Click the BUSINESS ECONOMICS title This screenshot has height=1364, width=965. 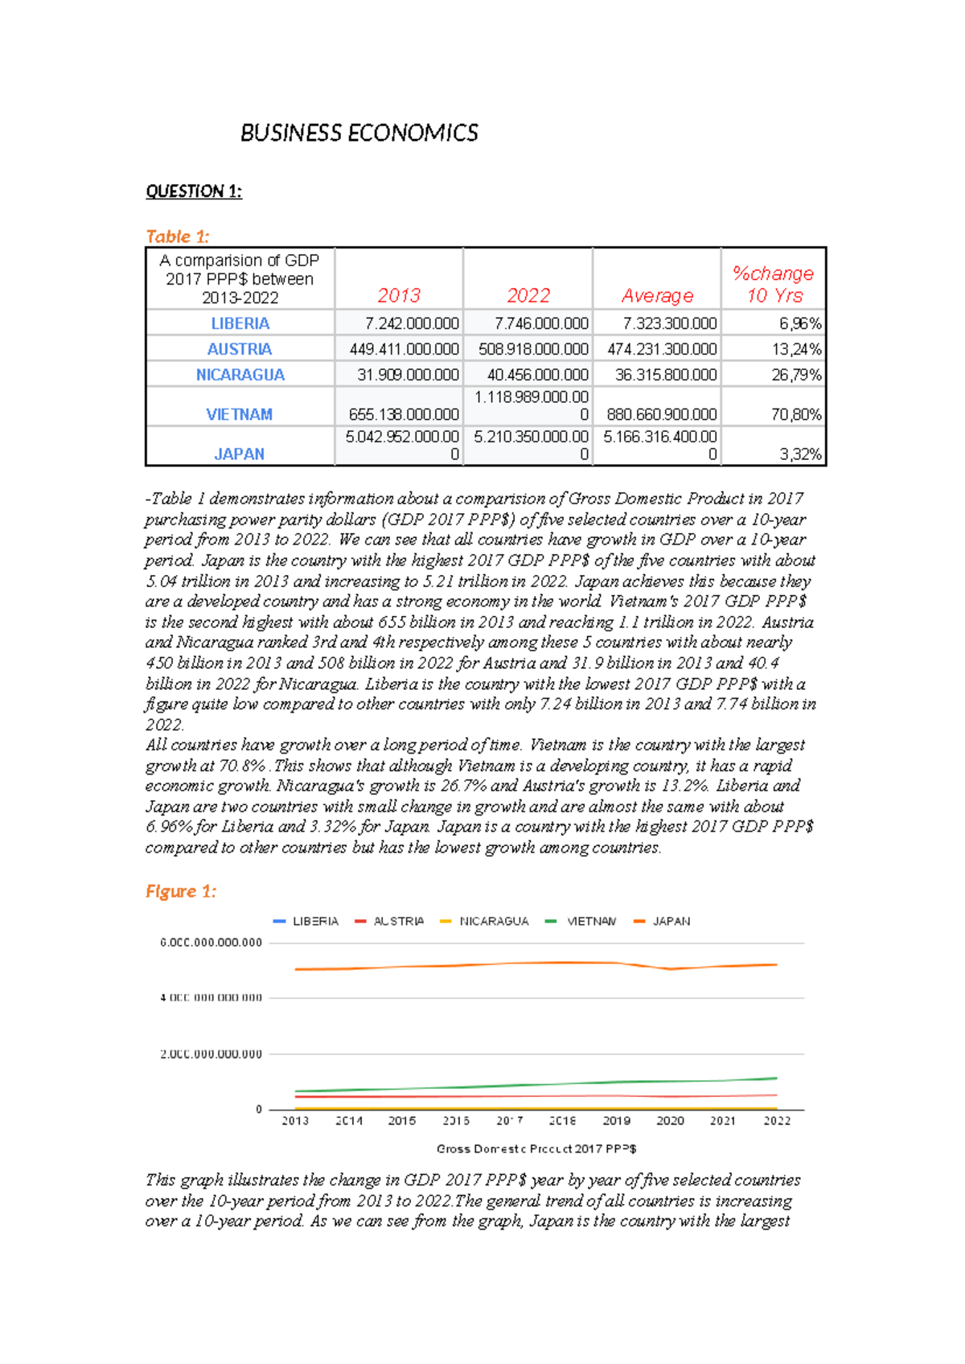click(x=359, y=133)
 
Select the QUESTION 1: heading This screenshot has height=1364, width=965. click(x=193, y=191)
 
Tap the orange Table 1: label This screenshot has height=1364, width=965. click(x=177, y=236)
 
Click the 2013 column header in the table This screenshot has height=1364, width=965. click(x=399, y=295)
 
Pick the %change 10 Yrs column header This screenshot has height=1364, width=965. click(x=773, y=284)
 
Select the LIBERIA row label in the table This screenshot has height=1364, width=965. click(x=240, y=323)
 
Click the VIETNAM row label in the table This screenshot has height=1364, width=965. click(x=239, y=414)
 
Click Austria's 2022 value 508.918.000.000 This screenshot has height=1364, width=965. click(x=533, y=349)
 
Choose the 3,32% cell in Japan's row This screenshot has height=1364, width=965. click(x=801, y=454)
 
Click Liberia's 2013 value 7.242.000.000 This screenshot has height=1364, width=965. click(x=412, y=323)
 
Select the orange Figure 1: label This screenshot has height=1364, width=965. click(x=180, y=891)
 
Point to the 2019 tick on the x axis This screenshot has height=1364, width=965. click(x=616, y=1120)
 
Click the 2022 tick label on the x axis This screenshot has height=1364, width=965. click(x=777, y=1120)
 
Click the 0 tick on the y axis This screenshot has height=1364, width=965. click(x=259, y=1109)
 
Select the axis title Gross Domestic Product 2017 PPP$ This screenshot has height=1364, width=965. click(x=536, y=1148)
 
